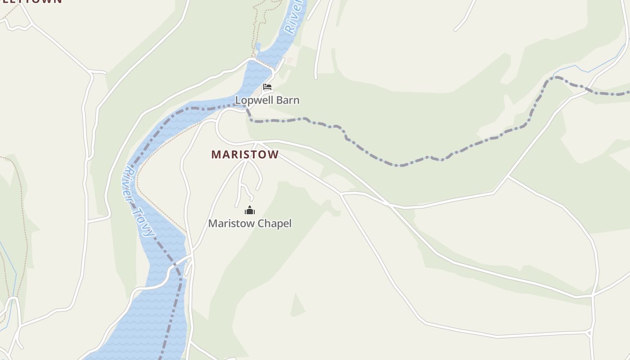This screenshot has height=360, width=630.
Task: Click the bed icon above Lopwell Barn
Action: [x=267, y=87]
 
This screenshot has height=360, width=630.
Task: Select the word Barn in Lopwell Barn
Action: [x=288, y=100]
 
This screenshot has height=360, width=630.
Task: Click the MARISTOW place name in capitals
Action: [x=245, y=154]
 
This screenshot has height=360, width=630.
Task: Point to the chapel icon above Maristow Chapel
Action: [x=250, y=210]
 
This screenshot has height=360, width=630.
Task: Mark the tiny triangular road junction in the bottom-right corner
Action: [x=589, y=333]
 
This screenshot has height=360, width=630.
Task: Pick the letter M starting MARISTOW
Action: [x=216, y=154]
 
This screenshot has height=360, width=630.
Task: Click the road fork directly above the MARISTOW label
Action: [x=256, y=143]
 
